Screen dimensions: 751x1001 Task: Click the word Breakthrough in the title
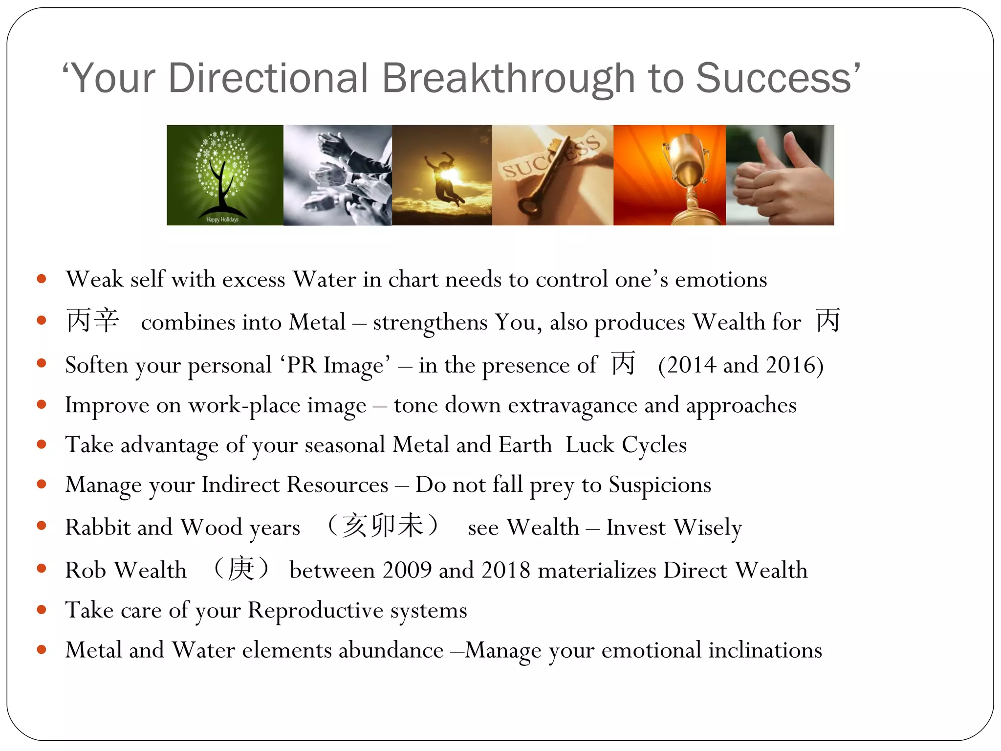tap(508, 78)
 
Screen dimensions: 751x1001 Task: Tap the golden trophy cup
tap(684, 166)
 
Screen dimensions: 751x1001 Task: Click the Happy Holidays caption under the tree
tap(222, 220)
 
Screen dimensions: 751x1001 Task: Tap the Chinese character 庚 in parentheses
tap(241, 569)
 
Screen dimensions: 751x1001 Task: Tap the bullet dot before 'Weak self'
tap(42, 279)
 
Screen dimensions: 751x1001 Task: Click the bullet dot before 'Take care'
tap(42, 610)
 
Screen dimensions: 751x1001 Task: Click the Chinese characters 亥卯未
tap(383, 526)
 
